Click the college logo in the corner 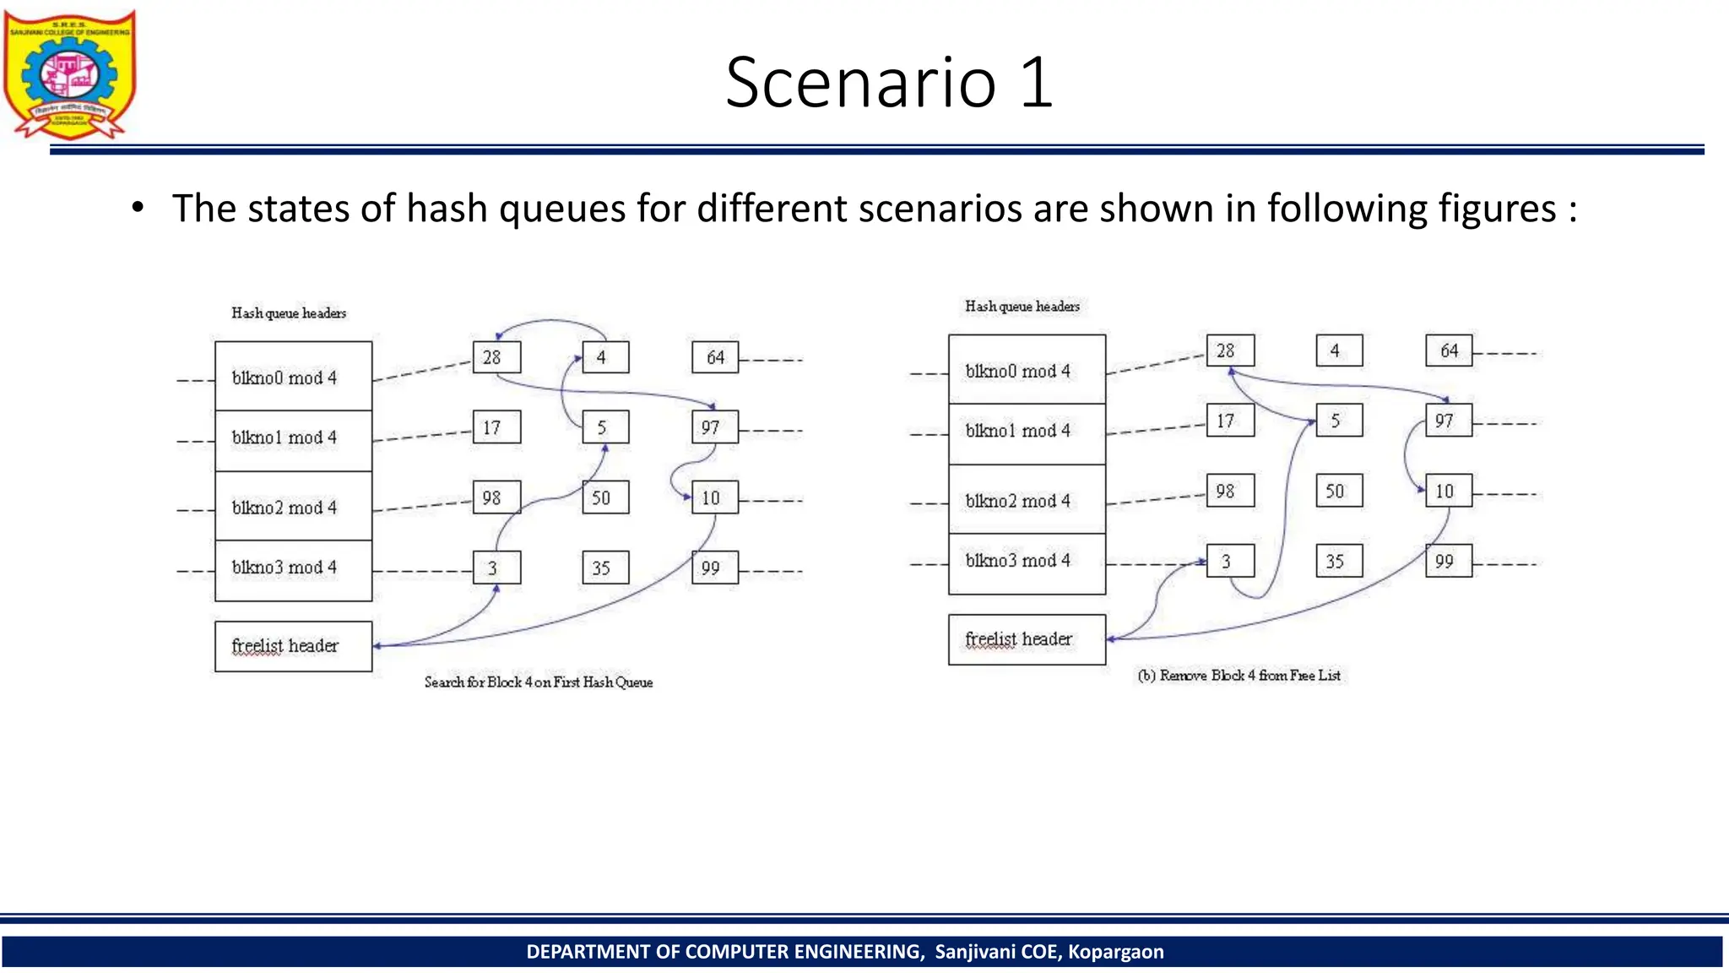69,74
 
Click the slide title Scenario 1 889,83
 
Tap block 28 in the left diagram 496,357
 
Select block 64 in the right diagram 1449,351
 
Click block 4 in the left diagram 605,357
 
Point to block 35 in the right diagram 1339,561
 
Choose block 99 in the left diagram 714,568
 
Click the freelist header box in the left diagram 293,646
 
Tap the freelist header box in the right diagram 1027,639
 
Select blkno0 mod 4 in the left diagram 293,377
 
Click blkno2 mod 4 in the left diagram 293,507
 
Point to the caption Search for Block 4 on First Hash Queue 538,682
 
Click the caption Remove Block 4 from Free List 1239,675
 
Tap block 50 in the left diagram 605,497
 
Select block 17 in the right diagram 1230,421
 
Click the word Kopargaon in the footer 1115,952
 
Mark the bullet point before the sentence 138,208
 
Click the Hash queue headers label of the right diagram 1022,306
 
